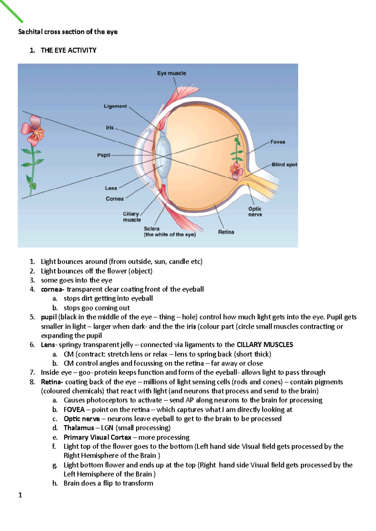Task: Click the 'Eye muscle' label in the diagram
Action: pos(171,73)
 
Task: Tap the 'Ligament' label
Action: pos(115,106)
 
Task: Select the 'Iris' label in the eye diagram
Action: pos(110,128)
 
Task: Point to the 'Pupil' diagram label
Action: pos(103,155)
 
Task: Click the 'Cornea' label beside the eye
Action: pos(115,199)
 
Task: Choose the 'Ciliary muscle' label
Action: pos(132,217)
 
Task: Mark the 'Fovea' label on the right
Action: pos(278,142)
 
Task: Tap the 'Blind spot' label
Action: pos(284,164)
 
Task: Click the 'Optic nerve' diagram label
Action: pos(255,212)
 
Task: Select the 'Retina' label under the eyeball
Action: pos(226,232)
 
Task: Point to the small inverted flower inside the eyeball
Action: pos(236,170)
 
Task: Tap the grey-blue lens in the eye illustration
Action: pos(163,156)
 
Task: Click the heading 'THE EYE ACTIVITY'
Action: pos(69,50)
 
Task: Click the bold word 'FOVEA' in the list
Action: pos(74,410)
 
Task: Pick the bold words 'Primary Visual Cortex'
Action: pos(97,437)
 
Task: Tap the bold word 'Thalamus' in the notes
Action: pos(79,428)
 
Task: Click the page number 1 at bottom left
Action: pos(20,495)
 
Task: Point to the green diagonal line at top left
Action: pos(12,11)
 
